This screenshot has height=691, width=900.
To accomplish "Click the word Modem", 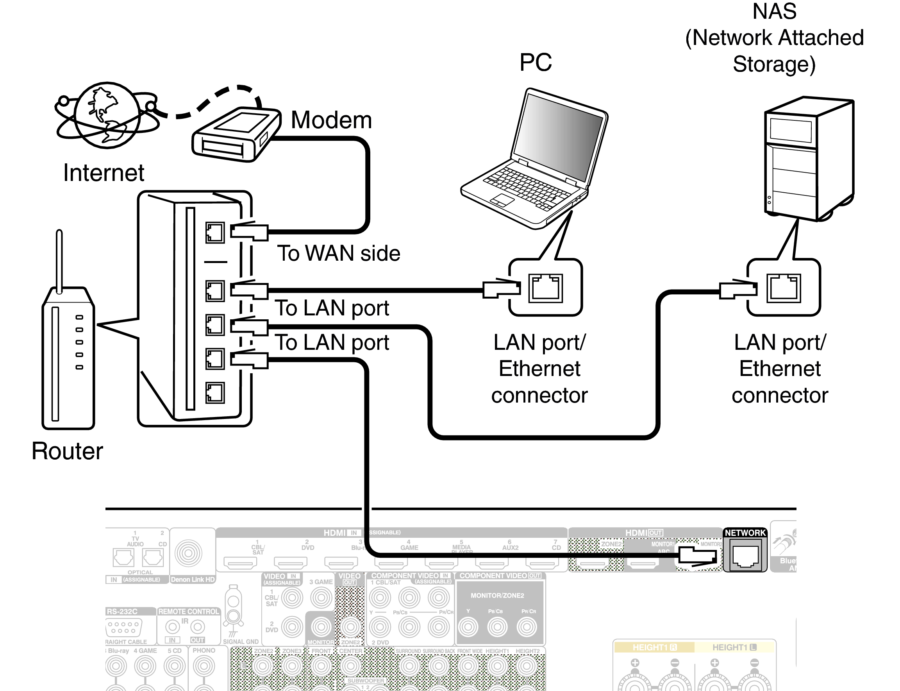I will (331, 120).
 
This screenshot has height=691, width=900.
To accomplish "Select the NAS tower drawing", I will (808, 158).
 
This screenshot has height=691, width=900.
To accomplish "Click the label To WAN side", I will (338, 253).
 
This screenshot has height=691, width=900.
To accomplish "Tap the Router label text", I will (67, 451).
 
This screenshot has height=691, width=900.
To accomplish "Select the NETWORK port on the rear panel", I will (745, 555).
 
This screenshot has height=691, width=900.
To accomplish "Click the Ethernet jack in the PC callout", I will (545, 288).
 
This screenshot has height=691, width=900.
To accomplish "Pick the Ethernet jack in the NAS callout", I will (783, 288).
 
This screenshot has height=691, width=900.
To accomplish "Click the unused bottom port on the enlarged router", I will (215, 393).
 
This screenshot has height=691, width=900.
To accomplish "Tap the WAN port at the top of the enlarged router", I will (215, 233).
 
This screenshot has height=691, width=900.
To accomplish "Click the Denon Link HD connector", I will (188, 553).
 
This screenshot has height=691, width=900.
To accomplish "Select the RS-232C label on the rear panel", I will (122, 612).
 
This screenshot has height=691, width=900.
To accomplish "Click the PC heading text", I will (535, 63).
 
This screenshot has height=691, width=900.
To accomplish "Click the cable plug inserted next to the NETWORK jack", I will (698, 556).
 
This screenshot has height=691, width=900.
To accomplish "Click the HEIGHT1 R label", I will (654, 647).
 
